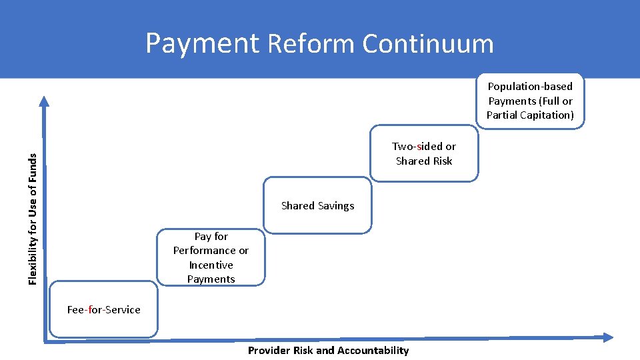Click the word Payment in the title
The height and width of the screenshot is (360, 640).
[202, 44]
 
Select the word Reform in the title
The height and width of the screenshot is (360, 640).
[311, 44]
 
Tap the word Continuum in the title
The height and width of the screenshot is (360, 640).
[428, 44]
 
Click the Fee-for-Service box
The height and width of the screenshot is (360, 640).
[104, 309]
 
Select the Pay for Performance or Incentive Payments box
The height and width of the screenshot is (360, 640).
[211, 257]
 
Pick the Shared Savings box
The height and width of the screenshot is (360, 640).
[317, 205]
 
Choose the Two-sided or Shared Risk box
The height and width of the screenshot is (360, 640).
[424, 153]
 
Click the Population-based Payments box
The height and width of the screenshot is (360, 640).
[530, 101]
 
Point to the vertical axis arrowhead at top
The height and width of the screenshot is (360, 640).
[44, 101]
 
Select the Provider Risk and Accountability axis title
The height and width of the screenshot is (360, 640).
[328, 351]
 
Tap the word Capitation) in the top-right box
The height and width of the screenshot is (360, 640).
[547, 115]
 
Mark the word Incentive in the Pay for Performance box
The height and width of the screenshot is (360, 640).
[211, 265]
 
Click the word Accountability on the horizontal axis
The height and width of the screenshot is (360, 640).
[373, 351]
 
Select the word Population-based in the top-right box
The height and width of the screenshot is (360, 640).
[530, 87]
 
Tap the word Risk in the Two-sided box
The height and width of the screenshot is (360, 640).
[441, 161]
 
